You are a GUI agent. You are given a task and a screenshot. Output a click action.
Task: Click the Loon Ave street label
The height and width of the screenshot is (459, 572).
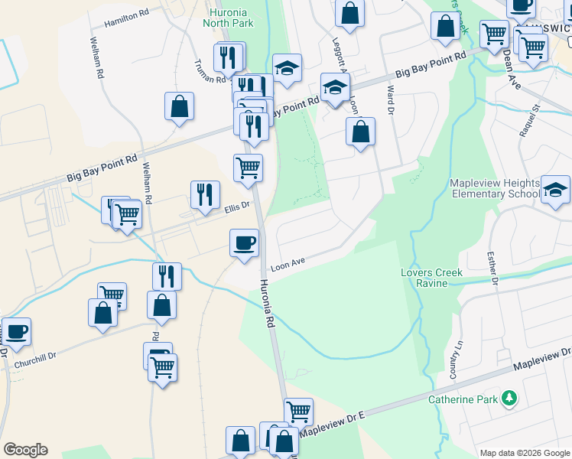(288, 262)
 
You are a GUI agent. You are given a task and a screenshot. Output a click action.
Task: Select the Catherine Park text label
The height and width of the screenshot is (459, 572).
(463, 399)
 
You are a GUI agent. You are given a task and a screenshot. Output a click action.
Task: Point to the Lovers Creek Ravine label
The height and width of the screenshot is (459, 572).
(432, 278)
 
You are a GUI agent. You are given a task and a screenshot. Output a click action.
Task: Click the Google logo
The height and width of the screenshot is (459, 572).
(24, 450)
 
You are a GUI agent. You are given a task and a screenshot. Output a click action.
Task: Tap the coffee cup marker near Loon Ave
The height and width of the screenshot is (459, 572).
(244, 243)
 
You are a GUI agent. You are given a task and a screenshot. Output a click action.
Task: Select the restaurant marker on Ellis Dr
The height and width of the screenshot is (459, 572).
(205, 194)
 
